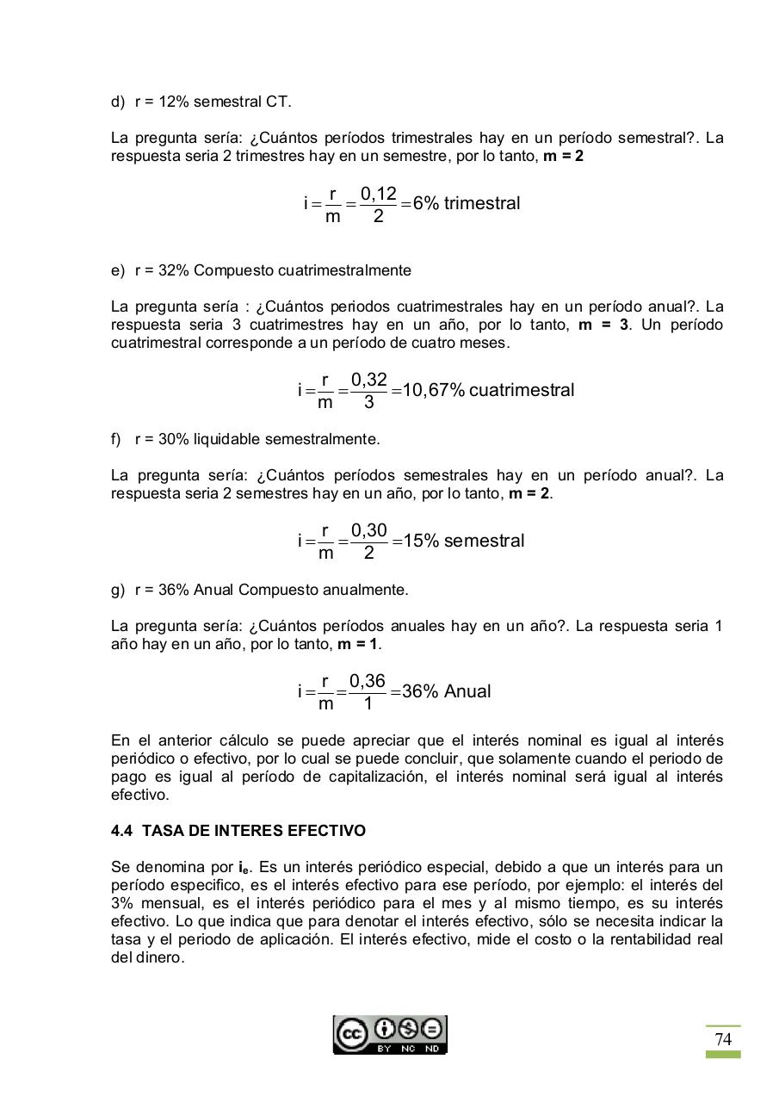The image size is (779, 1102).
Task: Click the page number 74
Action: tap(723, 1039)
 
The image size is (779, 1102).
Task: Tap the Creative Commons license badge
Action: tap(390, 1035)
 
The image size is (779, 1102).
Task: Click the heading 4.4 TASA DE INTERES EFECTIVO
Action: tap(238, 831)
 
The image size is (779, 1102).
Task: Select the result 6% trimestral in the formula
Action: tap(467, 204)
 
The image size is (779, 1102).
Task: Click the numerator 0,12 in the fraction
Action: tap(378, 194)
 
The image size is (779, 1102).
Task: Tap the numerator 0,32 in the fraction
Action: tap(368, 380)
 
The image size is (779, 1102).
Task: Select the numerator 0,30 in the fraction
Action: tap(368, 531)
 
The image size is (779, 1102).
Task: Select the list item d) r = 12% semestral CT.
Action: tap(201, 102)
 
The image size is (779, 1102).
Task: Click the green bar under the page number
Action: tap(723, 1055)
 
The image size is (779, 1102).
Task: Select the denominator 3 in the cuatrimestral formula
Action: tap(368, 402)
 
